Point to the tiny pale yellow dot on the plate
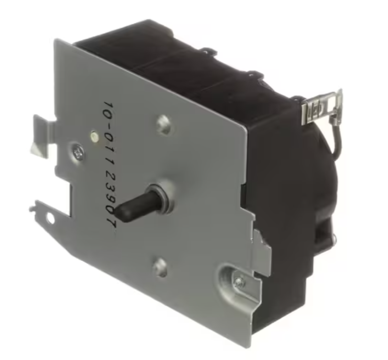[x=94, y=136]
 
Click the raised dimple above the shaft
[x=164, y=124]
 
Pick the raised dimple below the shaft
[x=160, y=267]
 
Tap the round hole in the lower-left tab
[x=50, y=219]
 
